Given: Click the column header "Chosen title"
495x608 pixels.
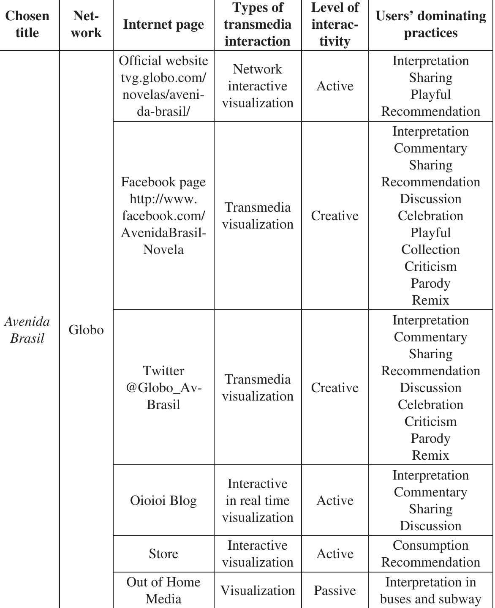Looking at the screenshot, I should tap(27, 25).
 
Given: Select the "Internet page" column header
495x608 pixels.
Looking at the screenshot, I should tap(163, 25).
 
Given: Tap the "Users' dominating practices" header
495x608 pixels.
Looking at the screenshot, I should tap(430, 25).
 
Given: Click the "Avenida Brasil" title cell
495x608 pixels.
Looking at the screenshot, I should tap(27, 330).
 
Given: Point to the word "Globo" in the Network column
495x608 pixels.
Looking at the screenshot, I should tap(86, 330).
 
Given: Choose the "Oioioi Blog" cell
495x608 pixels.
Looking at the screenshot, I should tap(163, 501).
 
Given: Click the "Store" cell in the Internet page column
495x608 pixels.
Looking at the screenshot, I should tap(163, 554).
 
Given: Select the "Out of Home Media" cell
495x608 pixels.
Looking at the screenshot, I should tap(163, 591).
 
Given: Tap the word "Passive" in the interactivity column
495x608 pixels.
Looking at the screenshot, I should tap(335, 591).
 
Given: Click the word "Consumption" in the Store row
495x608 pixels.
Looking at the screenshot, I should tap(430, 545).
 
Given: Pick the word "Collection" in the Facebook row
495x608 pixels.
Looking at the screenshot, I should tap(430, 250).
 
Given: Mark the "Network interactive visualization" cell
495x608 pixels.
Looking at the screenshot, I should tap(258, 86).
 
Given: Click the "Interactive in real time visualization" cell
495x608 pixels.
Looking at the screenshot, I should tap(258, 501).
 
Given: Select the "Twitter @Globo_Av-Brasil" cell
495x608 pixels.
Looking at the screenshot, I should tap(163, 388).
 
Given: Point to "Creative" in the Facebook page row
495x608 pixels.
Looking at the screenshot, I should tap(335, 216).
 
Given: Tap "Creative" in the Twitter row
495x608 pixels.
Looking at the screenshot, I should tap(335, 388).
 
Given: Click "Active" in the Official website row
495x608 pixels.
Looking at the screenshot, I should tap(335, 86).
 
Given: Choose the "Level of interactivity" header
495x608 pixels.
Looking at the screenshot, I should tap(335, 25).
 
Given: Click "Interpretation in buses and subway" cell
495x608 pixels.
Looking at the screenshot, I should tap(430, 591).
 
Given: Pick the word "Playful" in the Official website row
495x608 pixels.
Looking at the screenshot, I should tap(430, 95).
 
